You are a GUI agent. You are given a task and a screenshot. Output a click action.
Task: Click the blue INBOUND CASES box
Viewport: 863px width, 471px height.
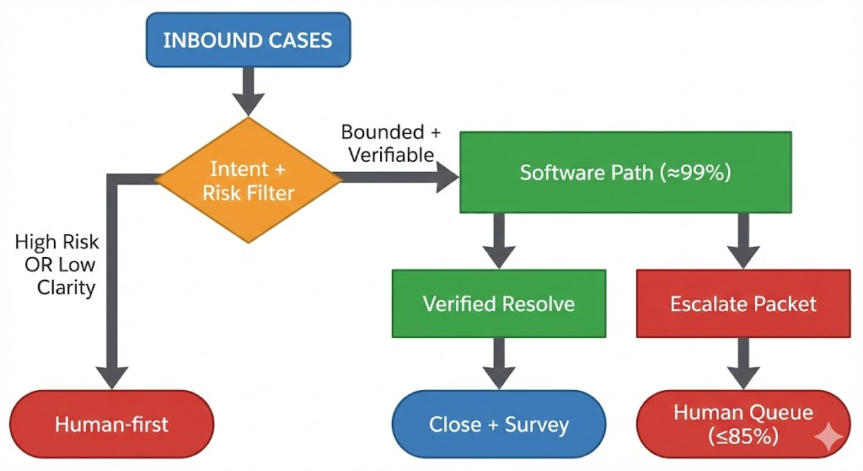coord(249,40)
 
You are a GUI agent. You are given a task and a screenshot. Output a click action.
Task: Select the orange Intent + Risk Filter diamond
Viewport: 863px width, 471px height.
coord(249,180)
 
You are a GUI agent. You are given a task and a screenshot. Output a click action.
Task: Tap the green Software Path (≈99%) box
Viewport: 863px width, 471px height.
coord(626,172)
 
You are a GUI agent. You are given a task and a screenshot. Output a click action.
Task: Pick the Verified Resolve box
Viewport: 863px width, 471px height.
coord(499,303)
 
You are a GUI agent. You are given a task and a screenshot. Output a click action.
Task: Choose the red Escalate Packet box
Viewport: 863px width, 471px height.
coord(743,303)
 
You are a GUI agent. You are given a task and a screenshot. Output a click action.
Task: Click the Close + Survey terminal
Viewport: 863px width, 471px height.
coord(499,424)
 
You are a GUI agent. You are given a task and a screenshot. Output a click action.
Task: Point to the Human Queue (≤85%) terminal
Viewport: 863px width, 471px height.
coord(743,424)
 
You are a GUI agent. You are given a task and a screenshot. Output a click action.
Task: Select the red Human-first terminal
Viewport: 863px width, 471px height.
coord(112,424)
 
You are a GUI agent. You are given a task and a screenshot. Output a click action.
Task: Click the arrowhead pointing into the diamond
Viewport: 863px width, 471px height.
coord(249,104)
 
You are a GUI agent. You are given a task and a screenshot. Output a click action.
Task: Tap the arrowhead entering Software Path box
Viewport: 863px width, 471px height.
coord(448,177)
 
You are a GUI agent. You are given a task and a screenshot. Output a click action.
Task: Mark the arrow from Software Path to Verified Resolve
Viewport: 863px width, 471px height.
coord(499,241)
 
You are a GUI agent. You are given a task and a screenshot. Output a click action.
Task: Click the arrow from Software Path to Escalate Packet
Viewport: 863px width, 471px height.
coord(743,241)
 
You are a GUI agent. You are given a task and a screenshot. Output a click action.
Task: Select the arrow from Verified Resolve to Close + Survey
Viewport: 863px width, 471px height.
coord(499,364)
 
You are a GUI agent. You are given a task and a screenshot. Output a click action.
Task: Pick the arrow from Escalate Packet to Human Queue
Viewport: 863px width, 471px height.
coord(743,364)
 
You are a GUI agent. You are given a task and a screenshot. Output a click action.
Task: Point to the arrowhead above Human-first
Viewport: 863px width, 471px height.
coord(112,378)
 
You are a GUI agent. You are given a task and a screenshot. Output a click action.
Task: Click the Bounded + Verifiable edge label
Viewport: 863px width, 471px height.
coord(391,143)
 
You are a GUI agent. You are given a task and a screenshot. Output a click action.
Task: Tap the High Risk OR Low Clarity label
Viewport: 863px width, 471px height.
coord(56,265)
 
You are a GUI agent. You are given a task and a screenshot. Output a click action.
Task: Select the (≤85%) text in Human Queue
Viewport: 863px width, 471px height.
coord(743,437)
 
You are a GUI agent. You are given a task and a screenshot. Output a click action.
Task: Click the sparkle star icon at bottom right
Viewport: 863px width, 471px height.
coord(829,437)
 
